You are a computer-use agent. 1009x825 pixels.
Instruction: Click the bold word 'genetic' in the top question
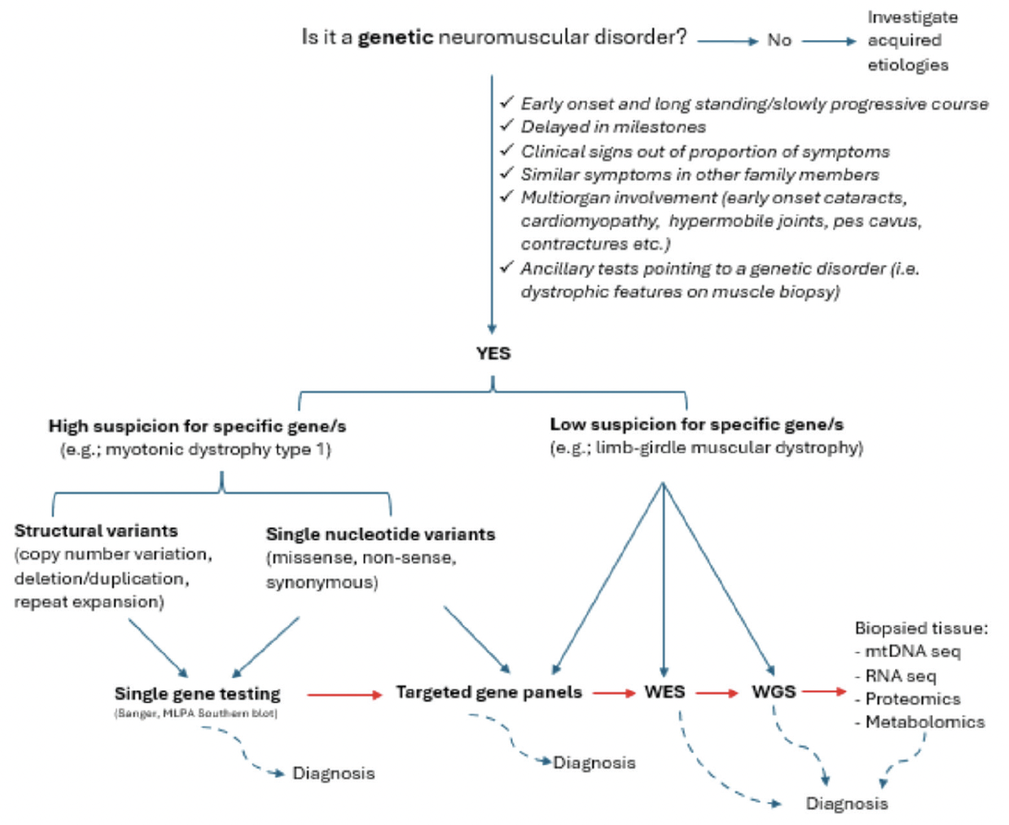396,37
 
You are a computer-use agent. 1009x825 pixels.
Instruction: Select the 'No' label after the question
779,40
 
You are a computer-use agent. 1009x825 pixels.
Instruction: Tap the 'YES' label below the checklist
493,354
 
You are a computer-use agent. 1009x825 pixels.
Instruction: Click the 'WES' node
664,692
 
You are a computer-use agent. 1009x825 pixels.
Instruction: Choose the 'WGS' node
773,692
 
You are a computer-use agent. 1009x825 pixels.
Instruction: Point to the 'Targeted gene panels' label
488,692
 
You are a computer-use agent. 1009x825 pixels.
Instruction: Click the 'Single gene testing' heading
197,693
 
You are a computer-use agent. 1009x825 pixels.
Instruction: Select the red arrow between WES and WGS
717,693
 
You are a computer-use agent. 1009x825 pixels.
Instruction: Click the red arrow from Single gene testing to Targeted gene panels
344,695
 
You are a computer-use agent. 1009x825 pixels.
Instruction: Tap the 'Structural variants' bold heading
96,531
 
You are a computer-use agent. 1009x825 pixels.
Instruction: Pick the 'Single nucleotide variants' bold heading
380,534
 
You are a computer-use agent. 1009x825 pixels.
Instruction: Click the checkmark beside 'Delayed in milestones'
507,125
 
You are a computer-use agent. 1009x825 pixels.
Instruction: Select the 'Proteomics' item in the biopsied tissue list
912,699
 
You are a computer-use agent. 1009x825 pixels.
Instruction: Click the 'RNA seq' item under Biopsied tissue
900,676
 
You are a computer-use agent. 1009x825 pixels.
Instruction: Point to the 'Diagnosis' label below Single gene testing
333,774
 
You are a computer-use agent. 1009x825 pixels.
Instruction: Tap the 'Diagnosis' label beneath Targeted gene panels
594,763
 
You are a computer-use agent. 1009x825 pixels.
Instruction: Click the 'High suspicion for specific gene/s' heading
197,426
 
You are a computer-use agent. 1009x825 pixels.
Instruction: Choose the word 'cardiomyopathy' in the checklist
589,221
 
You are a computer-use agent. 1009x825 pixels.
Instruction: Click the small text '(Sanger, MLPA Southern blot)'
196,713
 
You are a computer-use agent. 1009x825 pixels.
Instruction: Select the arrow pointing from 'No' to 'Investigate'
829,41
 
